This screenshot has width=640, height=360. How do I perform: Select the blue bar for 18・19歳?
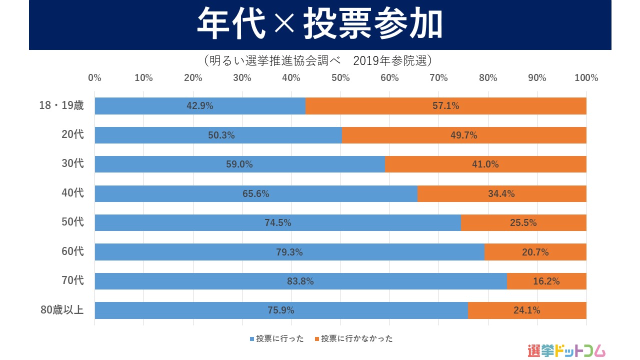coord(150,106)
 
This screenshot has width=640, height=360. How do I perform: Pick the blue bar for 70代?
coord(200,281)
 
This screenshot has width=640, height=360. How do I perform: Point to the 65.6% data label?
coord(256,193)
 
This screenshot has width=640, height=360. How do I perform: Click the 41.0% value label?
coord(485,164)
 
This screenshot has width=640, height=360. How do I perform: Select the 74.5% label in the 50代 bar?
coord(278,223)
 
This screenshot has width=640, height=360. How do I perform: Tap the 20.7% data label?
coord(535,252)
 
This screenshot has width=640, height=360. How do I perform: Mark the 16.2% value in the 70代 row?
coord(546,281)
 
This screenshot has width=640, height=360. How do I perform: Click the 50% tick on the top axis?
coord(340,78)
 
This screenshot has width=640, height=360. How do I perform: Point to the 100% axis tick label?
coord(586,78)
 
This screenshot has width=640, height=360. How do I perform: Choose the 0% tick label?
coord(94,78)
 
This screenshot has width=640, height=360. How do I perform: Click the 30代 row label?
coord(72,163)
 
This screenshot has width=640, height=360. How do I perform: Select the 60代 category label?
coord(72,251)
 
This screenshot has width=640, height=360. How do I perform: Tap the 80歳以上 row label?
coord(62,310)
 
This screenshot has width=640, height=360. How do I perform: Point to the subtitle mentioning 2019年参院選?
coord(318,60)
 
